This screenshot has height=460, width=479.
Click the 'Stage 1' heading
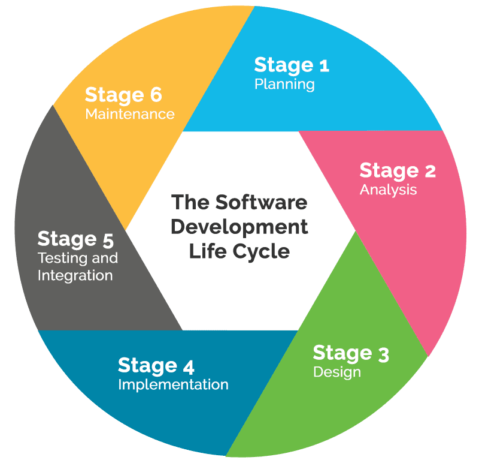pyautogui.click(x=291, y=65)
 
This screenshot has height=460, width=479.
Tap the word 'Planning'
pyautogui.click(x=284, y=84)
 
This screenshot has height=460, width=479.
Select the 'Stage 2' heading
pyautogui.click(x=397, y=171)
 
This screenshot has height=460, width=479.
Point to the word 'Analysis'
pyautogui.click(x=388, y=190)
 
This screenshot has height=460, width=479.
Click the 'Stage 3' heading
pyautogui.click(x=350, y=353)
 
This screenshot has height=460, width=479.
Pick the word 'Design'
pyautogui.click(x=337, y=372)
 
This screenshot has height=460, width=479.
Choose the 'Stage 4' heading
pyautogui.click(x=156, y=365)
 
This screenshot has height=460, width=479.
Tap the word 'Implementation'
pyautogui.click(x=173, y=384)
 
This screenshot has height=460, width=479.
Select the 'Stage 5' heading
pyautogui.click(x=75, y=239)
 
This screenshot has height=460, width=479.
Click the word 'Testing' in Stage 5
pyautogui.click(x=58, y=258)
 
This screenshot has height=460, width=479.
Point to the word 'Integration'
pyautogui.click(x=75, y=276)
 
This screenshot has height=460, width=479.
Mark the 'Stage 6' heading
pyautogui.click(x=123, y=95)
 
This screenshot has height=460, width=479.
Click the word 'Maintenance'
pyautogui.click(x=130, y=114)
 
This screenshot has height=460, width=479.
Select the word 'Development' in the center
pyautogui.click(x=239, y=227)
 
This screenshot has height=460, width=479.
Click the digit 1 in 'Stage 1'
pyautogui.click(x=323, y=65)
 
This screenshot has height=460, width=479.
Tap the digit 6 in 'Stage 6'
pyautogui.click(x=156, y=95)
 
